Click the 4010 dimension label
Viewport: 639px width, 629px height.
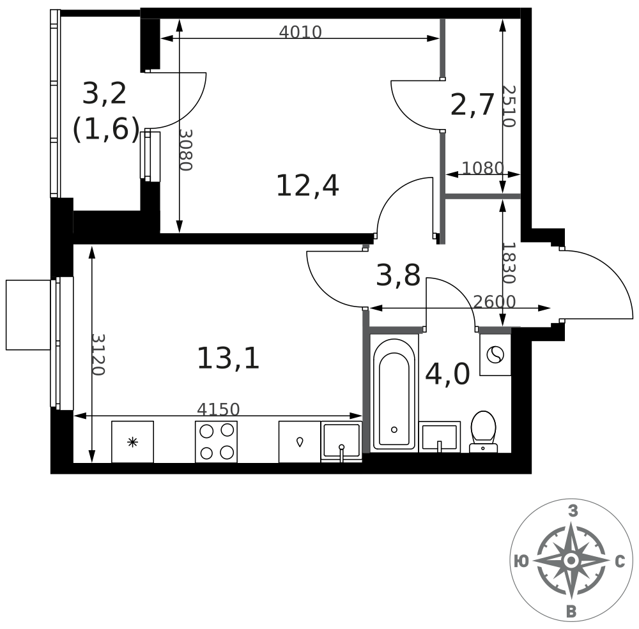(x=300, y=32)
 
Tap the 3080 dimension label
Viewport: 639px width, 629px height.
(x=186, y=150)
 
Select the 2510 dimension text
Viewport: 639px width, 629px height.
(x=509, y=106)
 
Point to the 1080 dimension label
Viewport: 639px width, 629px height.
(x=483, y=168)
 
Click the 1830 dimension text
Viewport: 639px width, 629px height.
(x=509, y=262)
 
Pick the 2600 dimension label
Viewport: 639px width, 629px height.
(x=495, y=302)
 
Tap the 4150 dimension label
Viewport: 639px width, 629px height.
(x=219, y=409)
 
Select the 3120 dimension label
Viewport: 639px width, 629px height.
(x=98, y=354)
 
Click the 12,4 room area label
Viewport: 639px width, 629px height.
(x=307, y=186)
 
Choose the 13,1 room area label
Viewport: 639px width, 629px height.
(x=228, y=359)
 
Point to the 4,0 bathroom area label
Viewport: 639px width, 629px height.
(x=447, y=374)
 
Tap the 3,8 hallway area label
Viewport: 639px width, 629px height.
(x=398, y=275)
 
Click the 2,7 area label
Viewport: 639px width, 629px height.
(x=472, y=105)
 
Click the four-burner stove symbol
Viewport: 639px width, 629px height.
(x=217, y=442)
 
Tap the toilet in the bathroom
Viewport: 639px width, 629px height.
(x=483, y=432)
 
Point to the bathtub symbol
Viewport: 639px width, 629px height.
(x=394, y=395)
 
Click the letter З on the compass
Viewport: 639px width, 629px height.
(x=573, y=511)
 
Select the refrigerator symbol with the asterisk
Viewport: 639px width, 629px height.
(x=132, y=442)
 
